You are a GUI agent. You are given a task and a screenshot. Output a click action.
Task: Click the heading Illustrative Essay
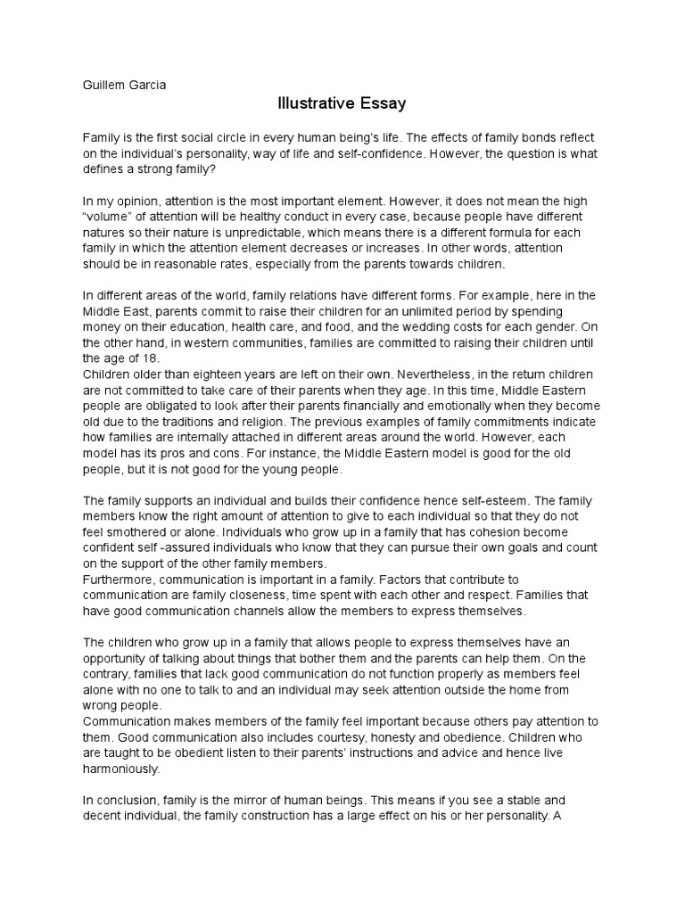click(342, 104)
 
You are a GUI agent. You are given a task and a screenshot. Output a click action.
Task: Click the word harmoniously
click(122, 769)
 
